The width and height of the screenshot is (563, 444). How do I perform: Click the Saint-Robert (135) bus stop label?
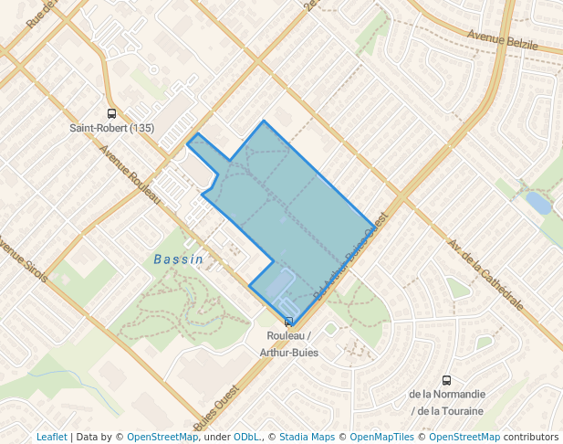112,128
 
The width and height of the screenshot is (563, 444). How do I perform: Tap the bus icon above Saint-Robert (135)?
112,114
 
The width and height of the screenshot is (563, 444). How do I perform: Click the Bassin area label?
177,259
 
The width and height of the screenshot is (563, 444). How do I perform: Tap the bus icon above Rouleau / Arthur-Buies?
288,322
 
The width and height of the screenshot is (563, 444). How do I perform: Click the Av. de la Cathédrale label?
484,274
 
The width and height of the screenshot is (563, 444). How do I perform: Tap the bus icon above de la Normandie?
446,380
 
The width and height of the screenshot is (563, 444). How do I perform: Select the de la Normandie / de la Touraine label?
447,403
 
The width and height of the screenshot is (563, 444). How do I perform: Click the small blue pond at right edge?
539,204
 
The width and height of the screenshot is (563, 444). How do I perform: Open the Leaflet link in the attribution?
51,437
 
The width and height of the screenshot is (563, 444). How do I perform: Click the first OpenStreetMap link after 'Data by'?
162,437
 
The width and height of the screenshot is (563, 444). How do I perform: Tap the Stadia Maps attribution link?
306,437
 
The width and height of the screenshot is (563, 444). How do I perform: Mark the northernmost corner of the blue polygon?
264,121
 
